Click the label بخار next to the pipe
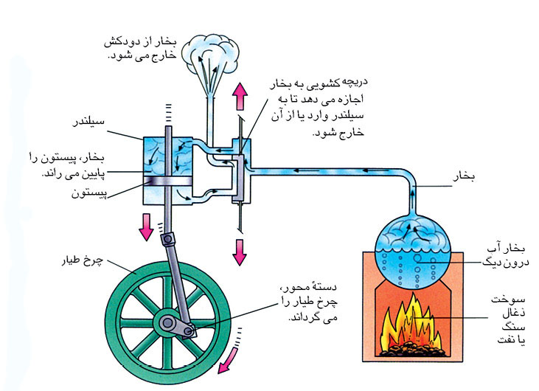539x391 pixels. [465, 178]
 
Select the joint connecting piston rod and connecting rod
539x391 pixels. [172, 240]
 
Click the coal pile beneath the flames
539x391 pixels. [417, 347]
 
